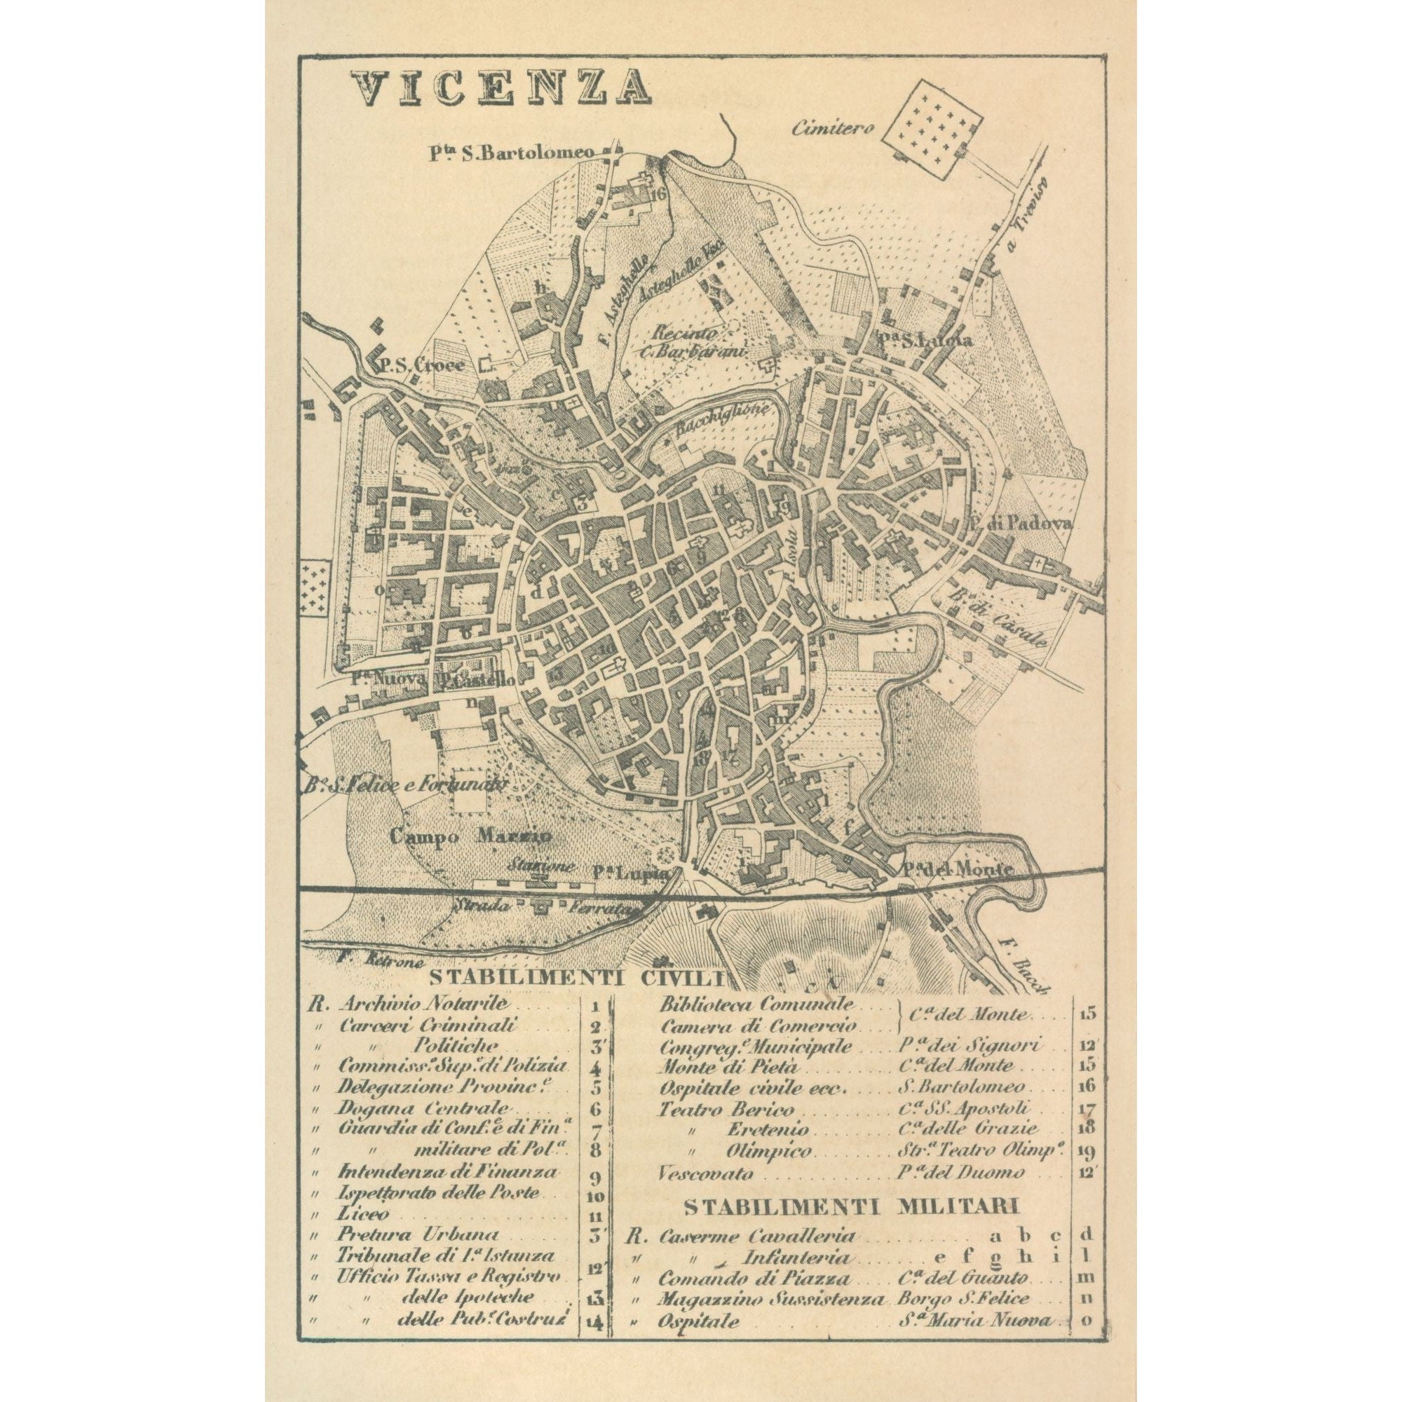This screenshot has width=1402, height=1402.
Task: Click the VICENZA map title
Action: [x=501, y=88]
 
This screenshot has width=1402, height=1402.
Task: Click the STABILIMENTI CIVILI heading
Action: [x=577, y=976]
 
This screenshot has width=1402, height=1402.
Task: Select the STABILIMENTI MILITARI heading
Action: [x=852, y=1209]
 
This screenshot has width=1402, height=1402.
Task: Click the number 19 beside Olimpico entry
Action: [x=1087, y=1152]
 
